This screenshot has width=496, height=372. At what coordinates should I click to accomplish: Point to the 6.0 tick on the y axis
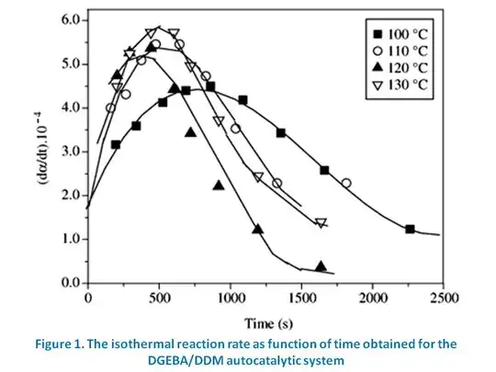69,20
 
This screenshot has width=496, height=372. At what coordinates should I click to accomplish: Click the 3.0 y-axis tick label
69,152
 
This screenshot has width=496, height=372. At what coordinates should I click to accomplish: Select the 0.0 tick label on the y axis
69,283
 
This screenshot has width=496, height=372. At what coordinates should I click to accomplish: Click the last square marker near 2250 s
410,229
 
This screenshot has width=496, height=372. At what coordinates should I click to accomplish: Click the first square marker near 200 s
116,144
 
